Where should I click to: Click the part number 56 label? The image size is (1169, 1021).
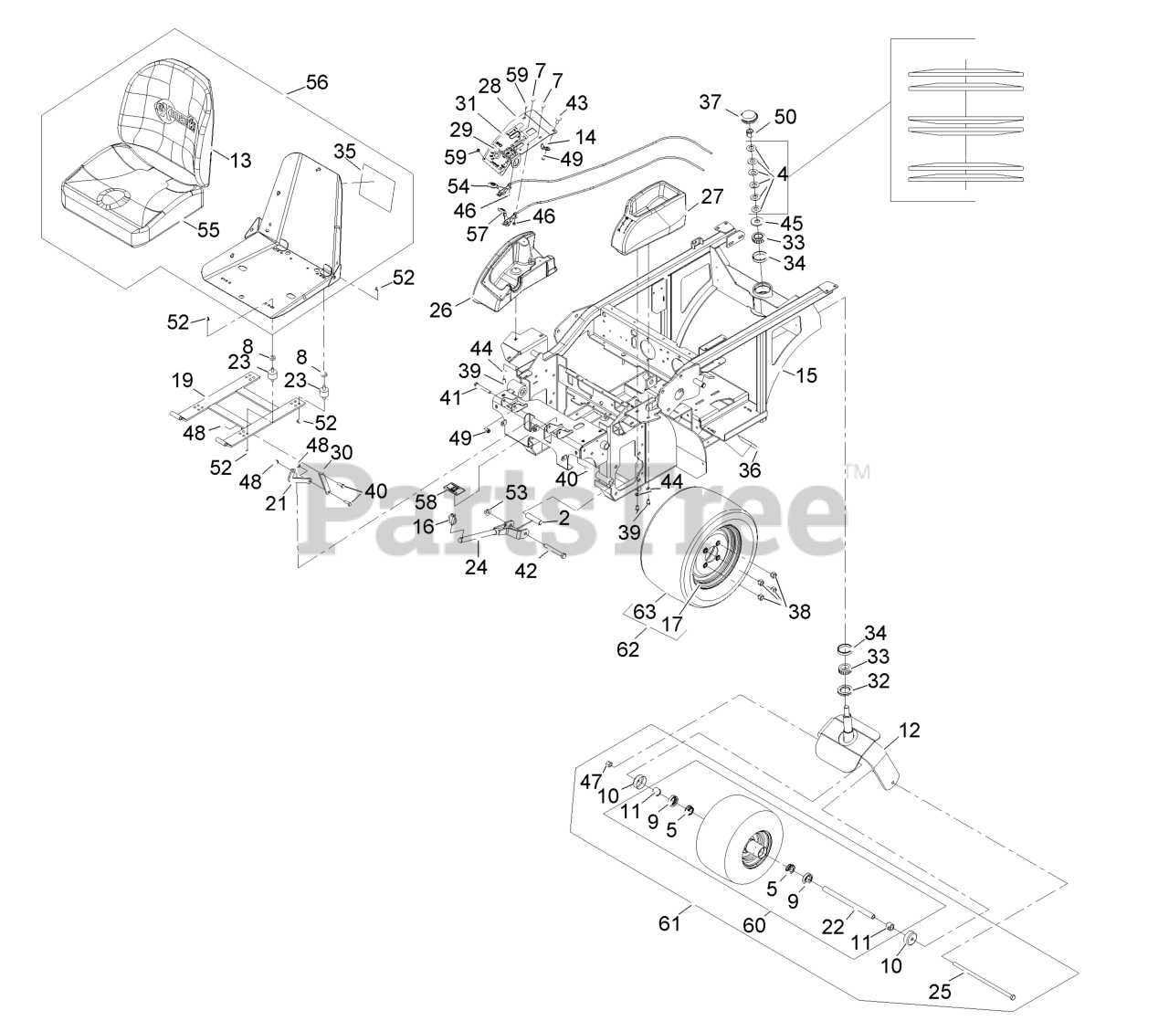point(316,82)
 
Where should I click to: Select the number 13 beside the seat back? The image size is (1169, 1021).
point(239,161)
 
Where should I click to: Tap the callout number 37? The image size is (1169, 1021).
point(711,102)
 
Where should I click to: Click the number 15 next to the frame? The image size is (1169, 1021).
point(806,374)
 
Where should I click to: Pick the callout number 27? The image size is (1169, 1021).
point(711,197)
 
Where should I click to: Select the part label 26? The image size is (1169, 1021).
point(441,311)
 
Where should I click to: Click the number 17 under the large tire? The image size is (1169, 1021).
point(672,626)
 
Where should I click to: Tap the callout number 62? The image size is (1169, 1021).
point(627,650)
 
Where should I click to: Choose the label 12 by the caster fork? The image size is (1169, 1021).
point(910,731)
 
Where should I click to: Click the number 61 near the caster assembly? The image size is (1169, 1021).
point(670,924)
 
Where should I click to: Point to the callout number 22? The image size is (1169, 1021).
point(832,926)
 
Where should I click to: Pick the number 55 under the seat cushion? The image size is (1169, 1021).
point(208,230)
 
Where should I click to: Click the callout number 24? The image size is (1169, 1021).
point(476,567)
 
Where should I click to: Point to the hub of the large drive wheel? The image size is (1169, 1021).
point(711,553)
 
